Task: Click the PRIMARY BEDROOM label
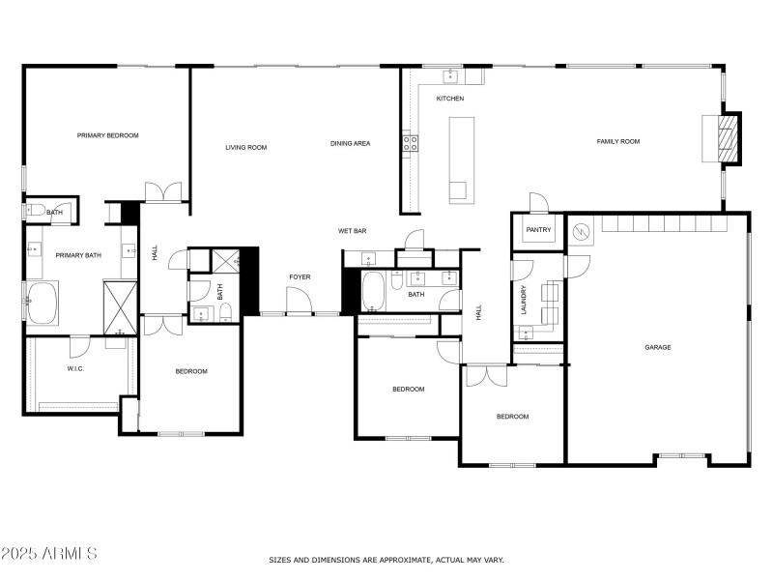tap(108, 135)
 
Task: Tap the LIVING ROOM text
tap(245, 147)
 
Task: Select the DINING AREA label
tap(350, 143)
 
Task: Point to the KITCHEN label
tap(450, 99)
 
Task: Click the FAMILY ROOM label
tap(617, 141)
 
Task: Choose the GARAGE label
tap(658, 347)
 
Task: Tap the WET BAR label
tap(352, 231)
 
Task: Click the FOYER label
tap(300, 277)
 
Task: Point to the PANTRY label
tap(537, 230)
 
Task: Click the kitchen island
tap(461, 159)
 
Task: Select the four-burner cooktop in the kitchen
tap(411, 143)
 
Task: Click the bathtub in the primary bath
tap(43, 303)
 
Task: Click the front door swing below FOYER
tap(300, 302)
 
